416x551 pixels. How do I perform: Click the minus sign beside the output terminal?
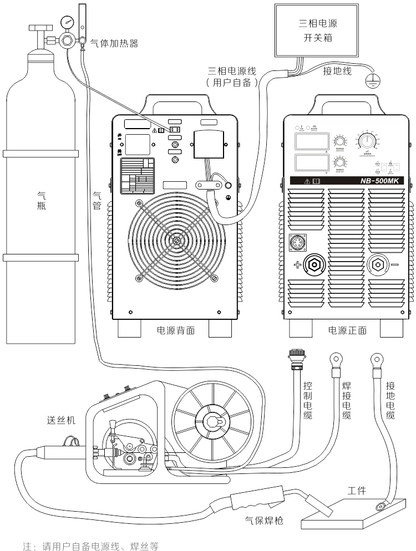click(x=395, y=264)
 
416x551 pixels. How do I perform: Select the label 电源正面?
click(x=347, y=331)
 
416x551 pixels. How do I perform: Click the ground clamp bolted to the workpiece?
click(x=380, y=505)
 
